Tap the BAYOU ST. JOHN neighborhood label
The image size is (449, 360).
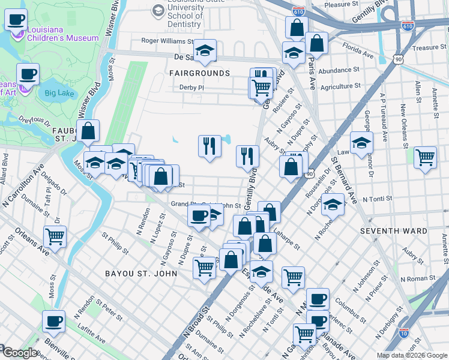click(x=141, y=274)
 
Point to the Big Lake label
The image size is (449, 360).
click(x=58, y=93)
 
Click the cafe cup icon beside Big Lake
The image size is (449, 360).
click(x=28, y=75)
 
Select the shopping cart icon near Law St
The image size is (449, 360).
click(x=425, y=158)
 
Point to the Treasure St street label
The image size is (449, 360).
click(x=426, y=47)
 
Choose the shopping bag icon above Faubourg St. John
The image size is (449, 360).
click(x=88, y=132)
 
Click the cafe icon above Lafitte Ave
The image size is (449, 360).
click(x=54, y=321)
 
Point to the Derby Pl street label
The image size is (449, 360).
click(x=192, y=88)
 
